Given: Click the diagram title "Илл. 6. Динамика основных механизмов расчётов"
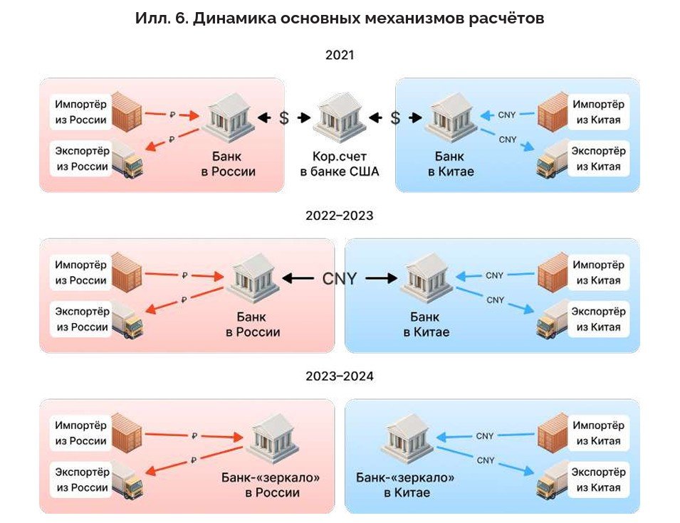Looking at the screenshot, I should [340, 19].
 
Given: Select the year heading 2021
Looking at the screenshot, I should [340, 56].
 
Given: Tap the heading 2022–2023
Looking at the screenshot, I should [340, 215].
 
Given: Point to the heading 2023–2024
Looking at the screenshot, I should [340, 376].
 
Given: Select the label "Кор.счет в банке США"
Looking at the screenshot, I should [340, 164].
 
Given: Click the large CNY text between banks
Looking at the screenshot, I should [339, 278].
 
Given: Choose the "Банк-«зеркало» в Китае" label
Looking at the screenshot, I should [405, 485].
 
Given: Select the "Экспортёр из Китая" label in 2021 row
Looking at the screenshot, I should [598, 159].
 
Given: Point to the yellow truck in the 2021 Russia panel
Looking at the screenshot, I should [127, 159].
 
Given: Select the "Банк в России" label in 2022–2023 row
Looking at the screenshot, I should [253, 324].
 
